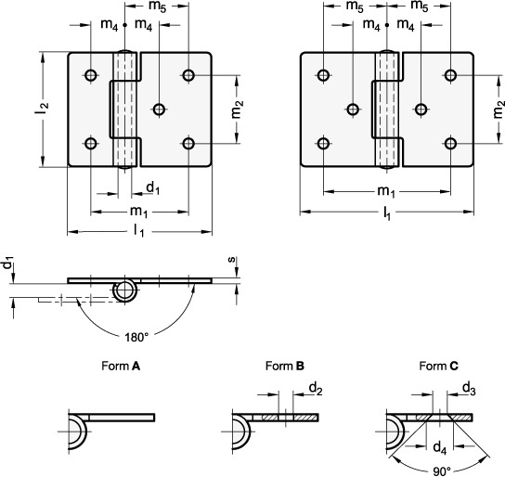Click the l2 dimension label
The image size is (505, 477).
42,109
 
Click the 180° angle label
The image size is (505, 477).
136,337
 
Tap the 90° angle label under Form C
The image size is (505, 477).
442,471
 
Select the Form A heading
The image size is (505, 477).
121,366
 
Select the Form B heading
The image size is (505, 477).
285,366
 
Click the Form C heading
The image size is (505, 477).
439,366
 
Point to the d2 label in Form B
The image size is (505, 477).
316,389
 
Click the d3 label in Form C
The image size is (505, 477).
469,389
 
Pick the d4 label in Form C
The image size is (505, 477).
440,447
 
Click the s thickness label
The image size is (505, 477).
232,260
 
